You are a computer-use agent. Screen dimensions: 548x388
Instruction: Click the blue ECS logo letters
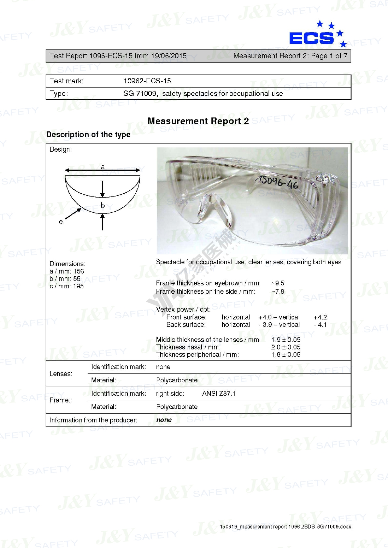point(311,38)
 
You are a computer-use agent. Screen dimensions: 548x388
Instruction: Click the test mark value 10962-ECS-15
point(147,81)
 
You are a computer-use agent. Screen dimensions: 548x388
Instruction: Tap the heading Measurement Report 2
point(198,121)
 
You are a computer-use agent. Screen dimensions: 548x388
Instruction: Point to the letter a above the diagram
point(103,167)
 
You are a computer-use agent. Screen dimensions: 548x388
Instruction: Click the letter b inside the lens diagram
point(103,205)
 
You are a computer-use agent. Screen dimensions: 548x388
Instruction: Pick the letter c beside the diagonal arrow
point(61,222)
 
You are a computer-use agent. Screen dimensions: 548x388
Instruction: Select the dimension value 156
point(79,271)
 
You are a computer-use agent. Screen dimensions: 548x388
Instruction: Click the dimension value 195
point(78,286)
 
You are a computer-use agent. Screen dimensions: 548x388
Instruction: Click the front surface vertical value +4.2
point(320,317)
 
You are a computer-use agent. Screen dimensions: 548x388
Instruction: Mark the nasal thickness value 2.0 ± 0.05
point(286,347)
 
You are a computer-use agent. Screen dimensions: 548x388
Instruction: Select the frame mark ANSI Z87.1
point(219,393)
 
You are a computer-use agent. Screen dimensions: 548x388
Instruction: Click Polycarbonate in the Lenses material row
point(177,380)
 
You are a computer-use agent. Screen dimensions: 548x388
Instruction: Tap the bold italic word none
point(164,420)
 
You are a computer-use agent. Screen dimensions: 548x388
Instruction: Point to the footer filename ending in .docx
point(285,527)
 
